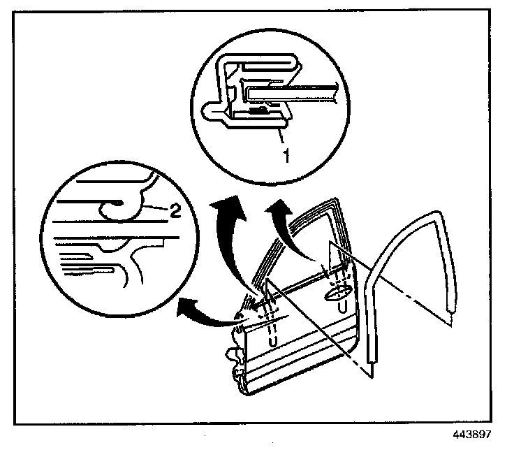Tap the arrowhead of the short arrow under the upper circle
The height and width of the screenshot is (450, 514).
[x=279, y=207]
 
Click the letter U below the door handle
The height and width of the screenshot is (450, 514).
[x=342, y=307]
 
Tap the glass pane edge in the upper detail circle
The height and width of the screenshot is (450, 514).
[x=300, y=89]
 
